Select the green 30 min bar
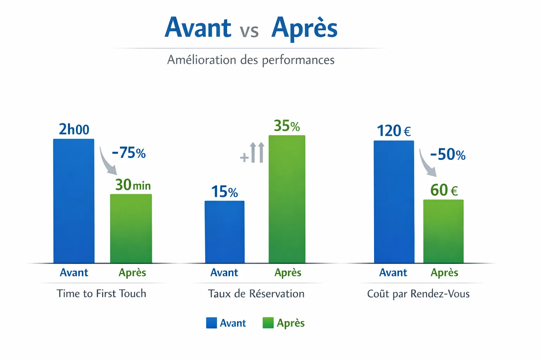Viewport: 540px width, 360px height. pos(131,229)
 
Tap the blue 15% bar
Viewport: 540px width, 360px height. pos(224,232)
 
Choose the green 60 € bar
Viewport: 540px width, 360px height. pos(443,231)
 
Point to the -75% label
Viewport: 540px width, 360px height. pos(129,153)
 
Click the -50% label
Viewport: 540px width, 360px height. pos(448,155)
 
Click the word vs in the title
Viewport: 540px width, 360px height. pos(249,31)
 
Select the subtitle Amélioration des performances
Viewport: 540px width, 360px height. pos(251,60)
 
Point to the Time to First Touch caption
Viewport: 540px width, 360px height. pos(101,294)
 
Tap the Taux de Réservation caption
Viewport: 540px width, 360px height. pos(256,294)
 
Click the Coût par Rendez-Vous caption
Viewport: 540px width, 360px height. pos(418,294)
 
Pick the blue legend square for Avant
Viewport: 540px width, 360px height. pos(211,323)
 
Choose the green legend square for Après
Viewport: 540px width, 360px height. pos(268,323)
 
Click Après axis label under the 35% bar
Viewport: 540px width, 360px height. pos(288,272)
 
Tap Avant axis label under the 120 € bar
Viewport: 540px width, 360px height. pos(393,272)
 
